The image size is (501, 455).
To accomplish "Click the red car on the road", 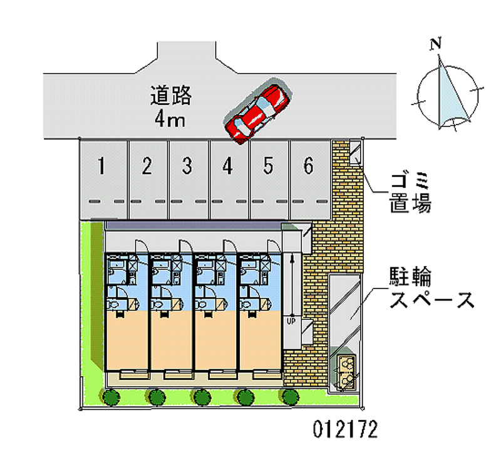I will (x=257, y=111).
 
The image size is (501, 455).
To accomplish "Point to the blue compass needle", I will (x=452, y=94).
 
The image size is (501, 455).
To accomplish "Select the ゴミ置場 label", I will (x=410, y=193).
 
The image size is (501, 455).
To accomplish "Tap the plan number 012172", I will (x=345, y=430).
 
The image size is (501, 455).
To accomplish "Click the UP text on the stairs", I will (x=291, y=322).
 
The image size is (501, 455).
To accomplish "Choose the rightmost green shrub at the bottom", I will (x=289, y=396).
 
